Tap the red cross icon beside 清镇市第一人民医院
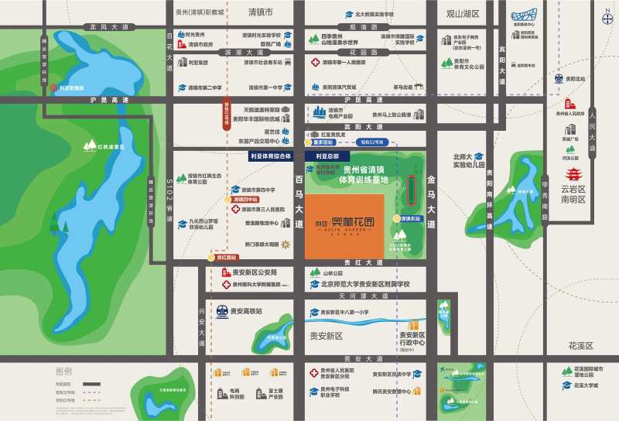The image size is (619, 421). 316,62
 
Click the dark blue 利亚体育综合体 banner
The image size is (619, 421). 269,156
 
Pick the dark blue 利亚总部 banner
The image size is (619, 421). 327,156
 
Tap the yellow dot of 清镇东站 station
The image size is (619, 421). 396,219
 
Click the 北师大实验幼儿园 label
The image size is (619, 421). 468,160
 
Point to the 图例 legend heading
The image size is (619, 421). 63,371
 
